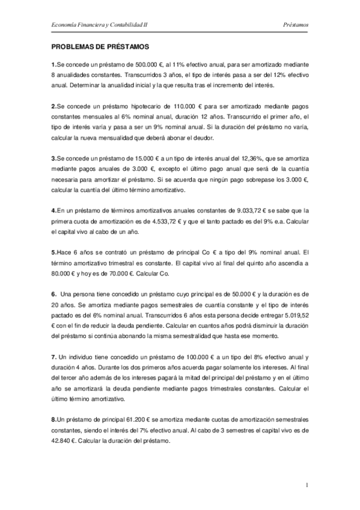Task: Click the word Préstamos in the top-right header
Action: [x=295, y=25]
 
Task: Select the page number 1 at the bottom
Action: [x=307, y=485]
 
